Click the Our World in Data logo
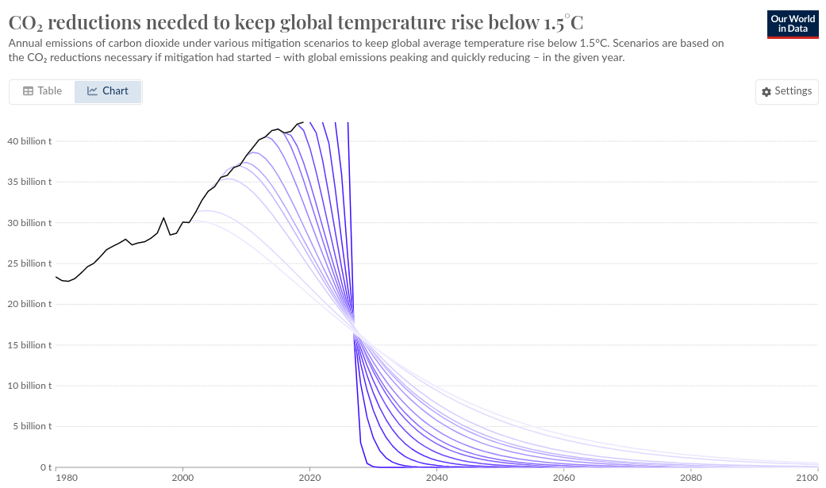tap(793, 25)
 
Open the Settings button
tap(786, 91)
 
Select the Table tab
tap(43, 91)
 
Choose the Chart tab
tap(108, 91)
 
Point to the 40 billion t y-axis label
tap(29, 141)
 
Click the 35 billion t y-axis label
tap(29, 182)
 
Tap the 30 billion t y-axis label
tap(29, 223)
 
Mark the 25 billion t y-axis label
tap(29, 263)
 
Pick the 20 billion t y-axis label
tap(29, 304)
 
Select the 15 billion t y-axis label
tap(29, 345)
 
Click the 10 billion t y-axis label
tap(29, 386)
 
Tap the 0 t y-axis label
tap(46, 467)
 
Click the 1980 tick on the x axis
tap(67, 478)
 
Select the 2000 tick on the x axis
tap(182, 478)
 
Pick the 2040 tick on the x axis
tap(436, 478)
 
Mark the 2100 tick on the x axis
tap(807, 478)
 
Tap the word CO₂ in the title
tap(25, 22)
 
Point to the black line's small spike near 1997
tap(164, 217)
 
